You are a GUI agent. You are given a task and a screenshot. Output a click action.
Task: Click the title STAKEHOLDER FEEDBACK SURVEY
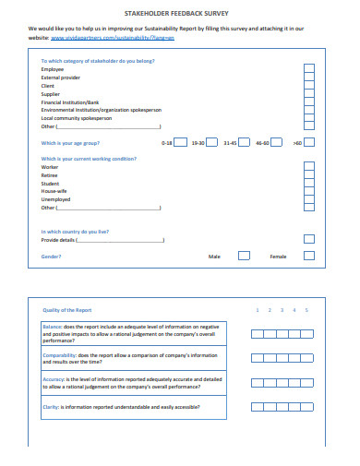click(x=180, y=16)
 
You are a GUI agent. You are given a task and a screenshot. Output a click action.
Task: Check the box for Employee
click(x=308, y=69)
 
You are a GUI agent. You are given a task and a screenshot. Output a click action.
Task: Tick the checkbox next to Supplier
click(x=308, y=93)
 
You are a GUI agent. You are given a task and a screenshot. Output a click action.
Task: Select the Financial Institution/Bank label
click(x=70, y=102)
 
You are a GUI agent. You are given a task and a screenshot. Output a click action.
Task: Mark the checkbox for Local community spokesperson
click(x=308, y=118)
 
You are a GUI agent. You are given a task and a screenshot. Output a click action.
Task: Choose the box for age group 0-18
click(x=181, y=143)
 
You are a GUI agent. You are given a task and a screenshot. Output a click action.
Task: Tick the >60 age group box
click(x=309, y=143)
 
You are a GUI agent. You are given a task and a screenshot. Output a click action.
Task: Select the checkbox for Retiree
click(x=308, y=175)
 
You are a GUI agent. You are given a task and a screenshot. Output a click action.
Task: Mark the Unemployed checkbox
click(x=308, y=199)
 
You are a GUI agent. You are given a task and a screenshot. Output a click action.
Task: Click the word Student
click(x=50, y=183)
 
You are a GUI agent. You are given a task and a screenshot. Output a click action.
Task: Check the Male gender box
click(x=244, y=256)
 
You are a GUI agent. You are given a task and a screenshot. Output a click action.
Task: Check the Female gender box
click(x=309, y=256)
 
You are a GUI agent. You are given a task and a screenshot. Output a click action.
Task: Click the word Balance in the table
click(x=53, y=327)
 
